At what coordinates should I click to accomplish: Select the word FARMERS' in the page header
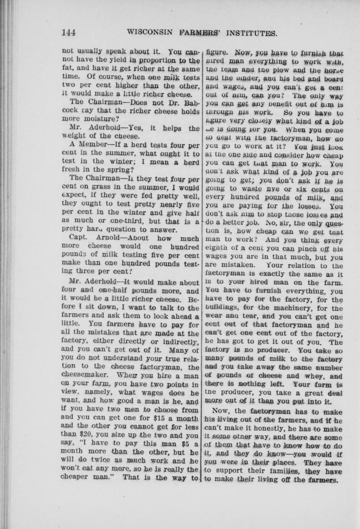pyautogui.click(x=200, y=33)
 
